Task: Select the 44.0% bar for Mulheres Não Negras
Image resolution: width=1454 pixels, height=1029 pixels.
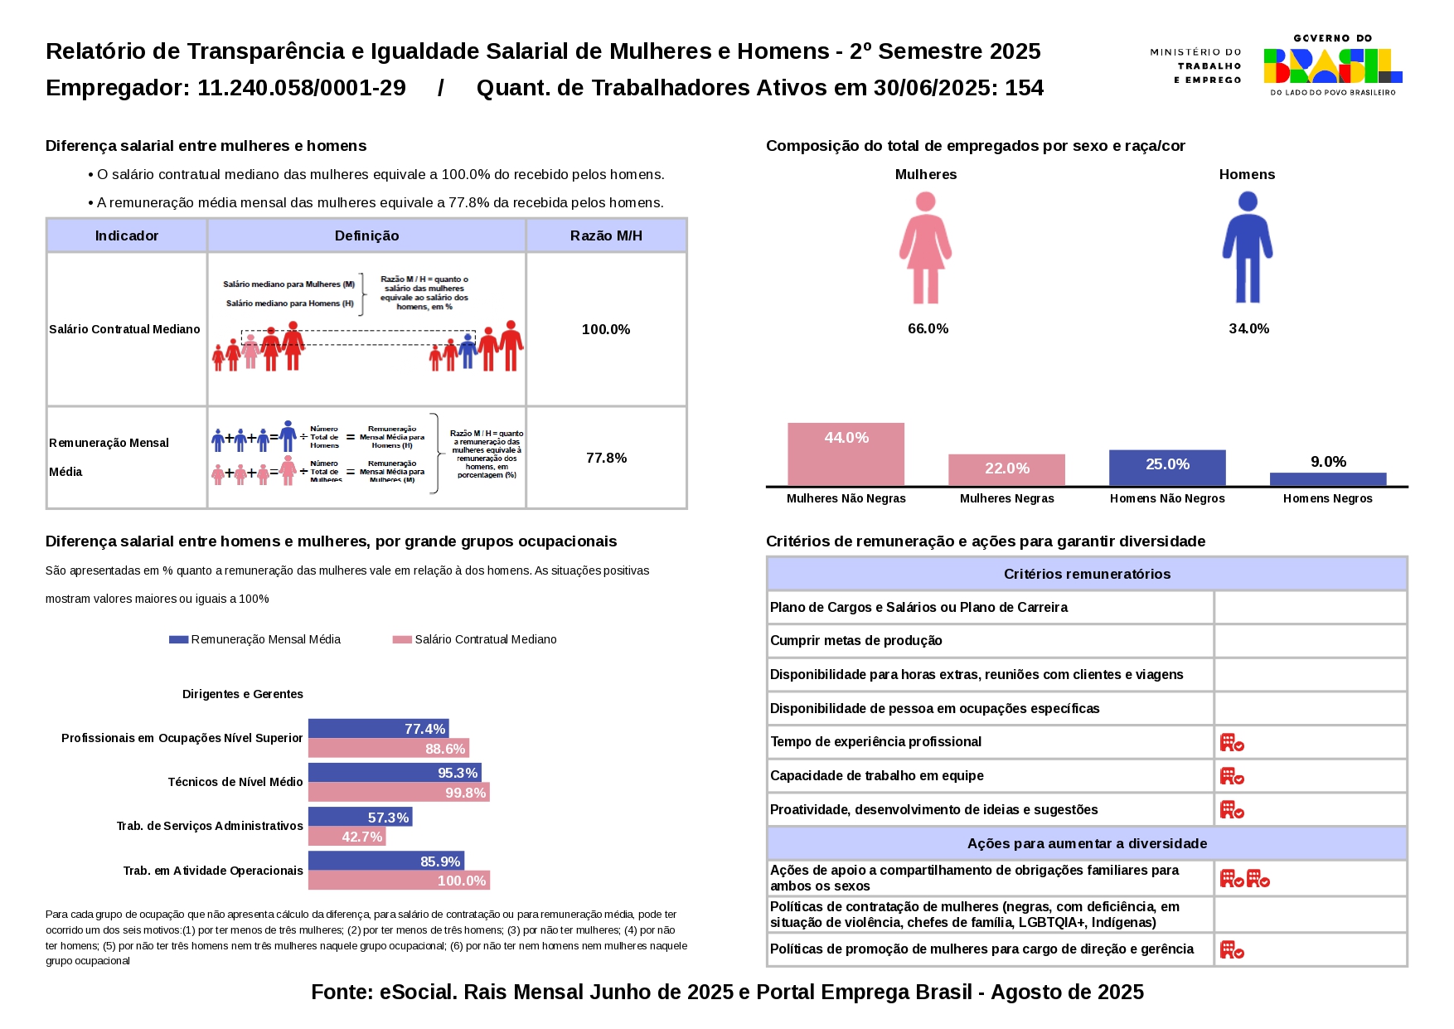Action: [846, 454]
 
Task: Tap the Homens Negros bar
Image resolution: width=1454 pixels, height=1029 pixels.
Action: [1327, 479]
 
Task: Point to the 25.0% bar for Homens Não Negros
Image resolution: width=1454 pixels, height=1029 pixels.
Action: [1166, 468]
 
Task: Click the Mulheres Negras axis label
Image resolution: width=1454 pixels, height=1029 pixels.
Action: [1006, 498]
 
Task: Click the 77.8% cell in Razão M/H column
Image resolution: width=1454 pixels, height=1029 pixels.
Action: [606, 458]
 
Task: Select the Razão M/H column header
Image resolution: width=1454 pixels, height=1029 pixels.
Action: [606, 235]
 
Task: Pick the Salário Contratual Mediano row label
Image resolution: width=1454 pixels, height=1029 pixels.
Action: [125, 329]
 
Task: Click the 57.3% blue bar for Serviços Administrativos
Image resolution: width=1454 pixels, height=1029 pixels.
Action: [360, 818]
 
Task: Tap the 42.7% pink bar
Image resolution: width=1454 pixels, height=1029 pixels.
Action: [347, 837]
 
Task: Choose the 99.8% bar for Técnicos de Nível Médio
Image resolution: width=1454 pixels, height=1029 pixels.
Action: [399, 793]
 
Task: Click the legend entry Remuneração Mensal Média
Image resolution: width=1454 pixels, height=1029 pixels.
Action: [255, 639]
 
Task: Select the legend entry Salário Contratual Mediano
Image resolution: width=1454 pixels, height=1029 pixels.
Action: [475, 639]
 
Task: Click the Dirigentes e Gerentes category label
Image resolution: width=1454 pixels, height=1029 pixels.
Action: [243, 694]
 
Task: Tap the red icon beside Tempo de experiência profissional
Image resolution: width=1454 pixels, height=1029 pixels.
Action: [1232, 742]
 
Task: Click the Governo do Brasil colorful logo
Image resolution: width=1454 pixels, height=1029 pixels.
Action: [1332, 66]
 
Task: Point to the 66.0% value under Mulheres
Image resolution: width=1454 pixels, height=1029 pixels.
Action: [928, 328]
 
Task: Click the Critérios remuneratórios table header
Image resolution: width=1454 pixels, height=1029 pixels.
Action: [1087, 574]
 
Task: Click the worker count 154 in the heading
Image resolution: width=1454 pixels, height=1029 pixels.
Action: [1025, 88]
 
